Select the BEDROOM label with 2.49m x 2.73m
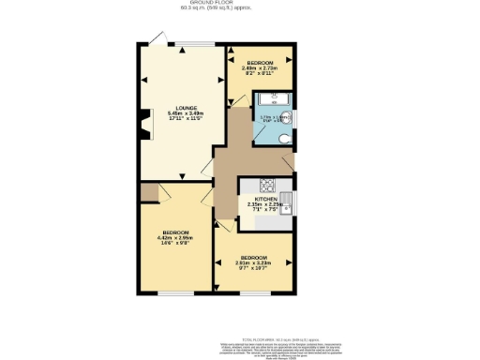260,63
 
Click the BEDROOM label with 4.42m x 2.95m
175,232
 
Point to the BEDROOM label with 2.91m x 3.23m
254,258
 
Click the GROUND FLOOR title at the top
240,4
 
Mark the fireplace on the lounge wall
144,123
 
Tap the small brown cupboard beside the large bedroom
147,192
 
